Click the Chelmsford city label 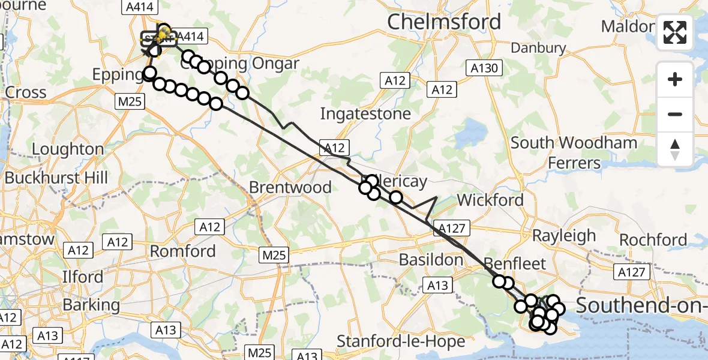coord(444,22)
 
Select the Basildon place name coord(432,260)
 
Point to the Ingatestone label coord(365,113)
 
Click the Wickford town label coord(490,200)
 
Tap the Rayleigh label coord(564,235)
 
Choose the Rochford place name coord(653,240)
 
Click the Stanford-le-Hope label coord(401,341)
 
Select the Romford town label coord(182,251)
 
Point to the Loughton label coord(68,149)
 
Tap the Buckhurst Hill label coord(56,178)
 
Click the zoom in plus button coord(675,79)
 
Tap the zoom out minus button coord(675,114)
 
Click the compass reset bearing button coord(675,149)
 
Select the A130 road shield coord(484,68)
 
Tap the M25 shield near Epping coord(130,101)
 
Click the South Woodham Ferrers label coord(574,152)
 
